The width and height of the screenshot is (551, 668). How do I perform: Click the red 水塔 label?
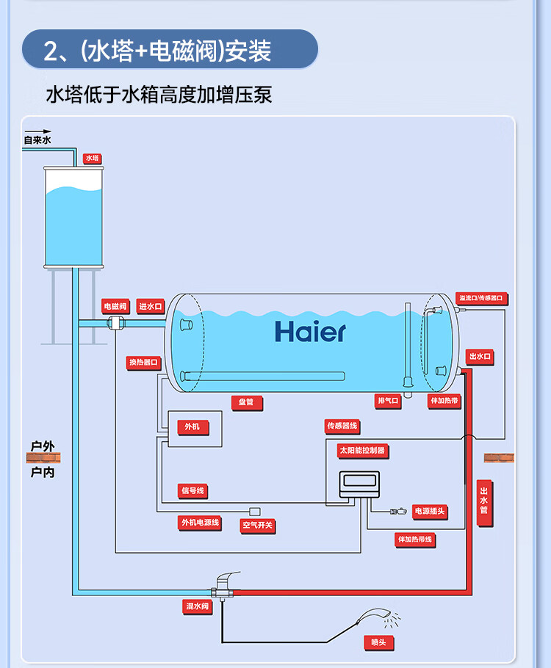[x=92, y=158]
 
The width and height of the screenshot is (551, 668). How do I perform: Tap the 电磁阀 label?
[x=115, y=305]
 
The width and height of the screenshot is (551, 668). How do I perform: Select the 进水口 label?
[x=151, y=306]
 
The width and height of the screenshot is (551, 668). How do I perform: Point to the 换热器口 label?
[x=143, y=362]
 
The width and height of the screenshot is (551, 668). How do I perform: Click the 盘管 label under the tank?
[x=246, y=402]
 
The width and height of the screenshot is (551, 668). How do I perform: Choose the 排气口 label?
[x=388, y=401]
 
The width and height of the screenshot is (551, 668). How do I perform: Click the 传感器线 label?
[x=342, y=426]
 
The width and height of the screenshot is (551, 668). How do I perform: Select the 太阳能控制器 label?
[x=361, y=450]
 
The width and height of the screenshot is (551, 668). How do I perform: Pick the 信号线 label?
[x=193, y=490]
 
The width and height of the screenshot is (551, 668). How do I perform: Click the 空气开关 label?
[x=257, y=526]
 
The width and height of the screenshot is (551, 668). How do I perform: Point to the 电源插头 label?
[x=430, y=511]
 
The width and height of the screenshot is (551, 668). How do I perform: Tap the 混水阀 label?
[x=198, y=606]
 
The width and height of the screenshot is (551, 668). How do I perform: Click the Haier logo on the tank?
[x=310, y=332]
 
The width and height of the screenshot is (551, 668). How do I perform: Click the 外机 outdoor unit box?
[x=192, y=427]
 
